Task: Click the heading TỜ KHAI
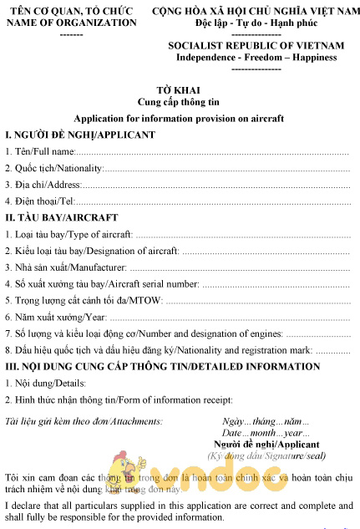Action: pyautogui.click(x=179, y=89)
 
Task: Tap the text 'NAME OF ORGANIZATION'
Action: pyautogui.click(x=72, y=23)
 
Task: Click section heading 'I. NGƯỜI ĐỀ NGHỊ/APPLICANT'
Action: pyautogui.click(x=80, y=135)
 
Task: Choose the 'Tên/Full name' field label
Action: pyautogui.click(x=41, y=151)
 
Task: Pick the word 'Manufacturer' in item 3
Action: pyautogui.click(x=96, y=267)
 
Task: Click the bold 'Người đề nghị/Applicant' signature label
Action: pyautogui.click(x=267, y=445)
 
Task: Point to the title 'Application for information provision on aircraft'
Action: pyautogui.click(x=179, y=119)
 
